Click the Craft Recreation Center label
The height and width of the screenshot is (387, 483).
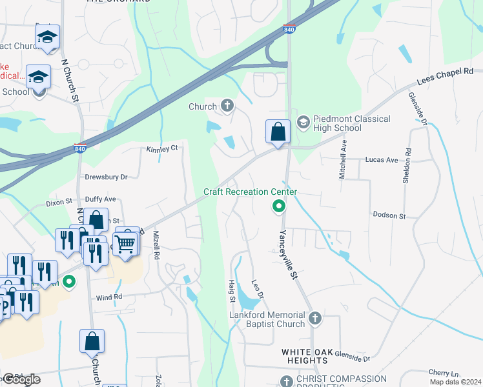point(251,192)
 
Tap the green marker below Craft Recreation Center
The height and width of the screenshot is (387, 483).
point(279,206)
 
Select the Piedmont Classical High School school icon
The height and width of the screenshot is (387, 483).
point(302,123)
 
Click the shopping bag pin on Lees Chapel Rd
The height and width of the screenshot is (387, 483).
point(278,132)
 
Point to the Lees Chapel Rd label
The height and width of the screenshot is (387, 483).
point(445,75)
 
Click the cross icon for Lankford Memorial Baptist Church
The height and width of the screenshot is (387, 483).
point(314,318)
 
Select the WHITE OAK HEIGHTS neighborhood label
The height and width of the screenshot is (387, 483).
point(305,356)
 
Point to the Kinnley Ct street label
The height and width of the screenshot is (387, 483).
point(161,149)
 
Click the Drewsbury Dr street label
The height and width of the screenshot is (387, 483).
point(107,176)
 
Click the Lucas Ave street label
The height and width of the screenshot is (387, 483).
point(381,159)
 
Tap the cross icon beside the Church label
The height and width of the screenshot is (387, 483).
point(227,106)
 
